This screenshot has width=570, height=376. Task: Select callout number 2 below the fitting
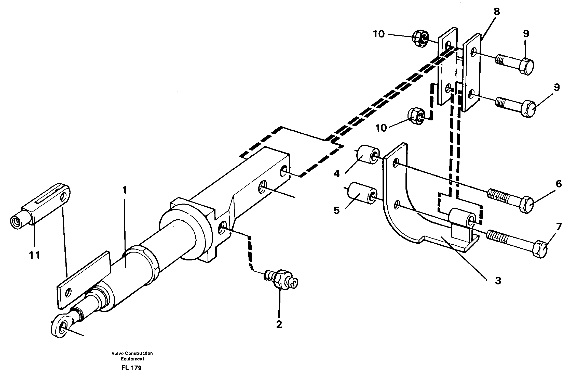pyautogui.click(x=279, y=324)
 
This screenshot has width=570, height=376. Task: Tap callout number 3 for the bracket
pyautogui.click(x=498, y=281)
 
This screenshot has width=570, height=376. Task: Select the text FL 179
pyautogui.click(x=131, y=368)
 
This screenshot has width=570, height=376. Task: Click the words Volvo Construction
pyautogui.click(x=132, y=353)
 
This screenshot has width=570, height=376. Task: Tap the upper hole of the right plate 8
pyautogui.click(x=473, y=53)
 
